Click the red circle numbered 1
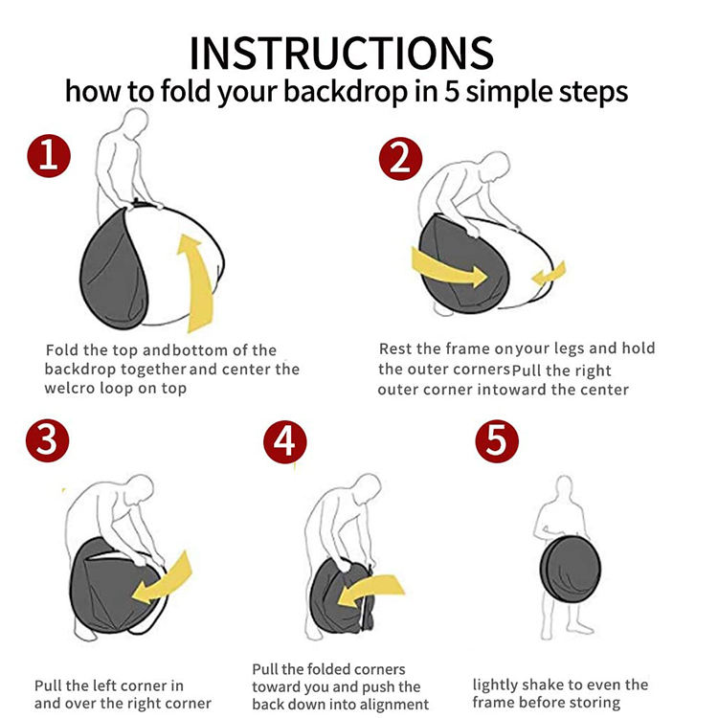[49, 156]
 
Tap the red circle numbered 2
[401, 158]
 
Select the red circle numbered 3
[48, 440]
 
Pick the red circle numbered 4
[285, 442]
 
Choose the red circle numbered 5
[497, 441]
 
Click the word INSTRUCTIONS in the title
[342, 53]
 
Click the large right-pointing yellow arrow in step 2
[449, 269]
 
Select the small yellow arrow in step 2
[550, 274]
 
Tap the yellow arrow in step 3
[163, 579]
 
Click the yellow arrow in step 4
[370, 589]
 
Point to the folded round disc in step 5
[571, 569]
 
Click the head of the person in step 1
[136, 121]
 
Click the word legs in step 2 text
[570, 348]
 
